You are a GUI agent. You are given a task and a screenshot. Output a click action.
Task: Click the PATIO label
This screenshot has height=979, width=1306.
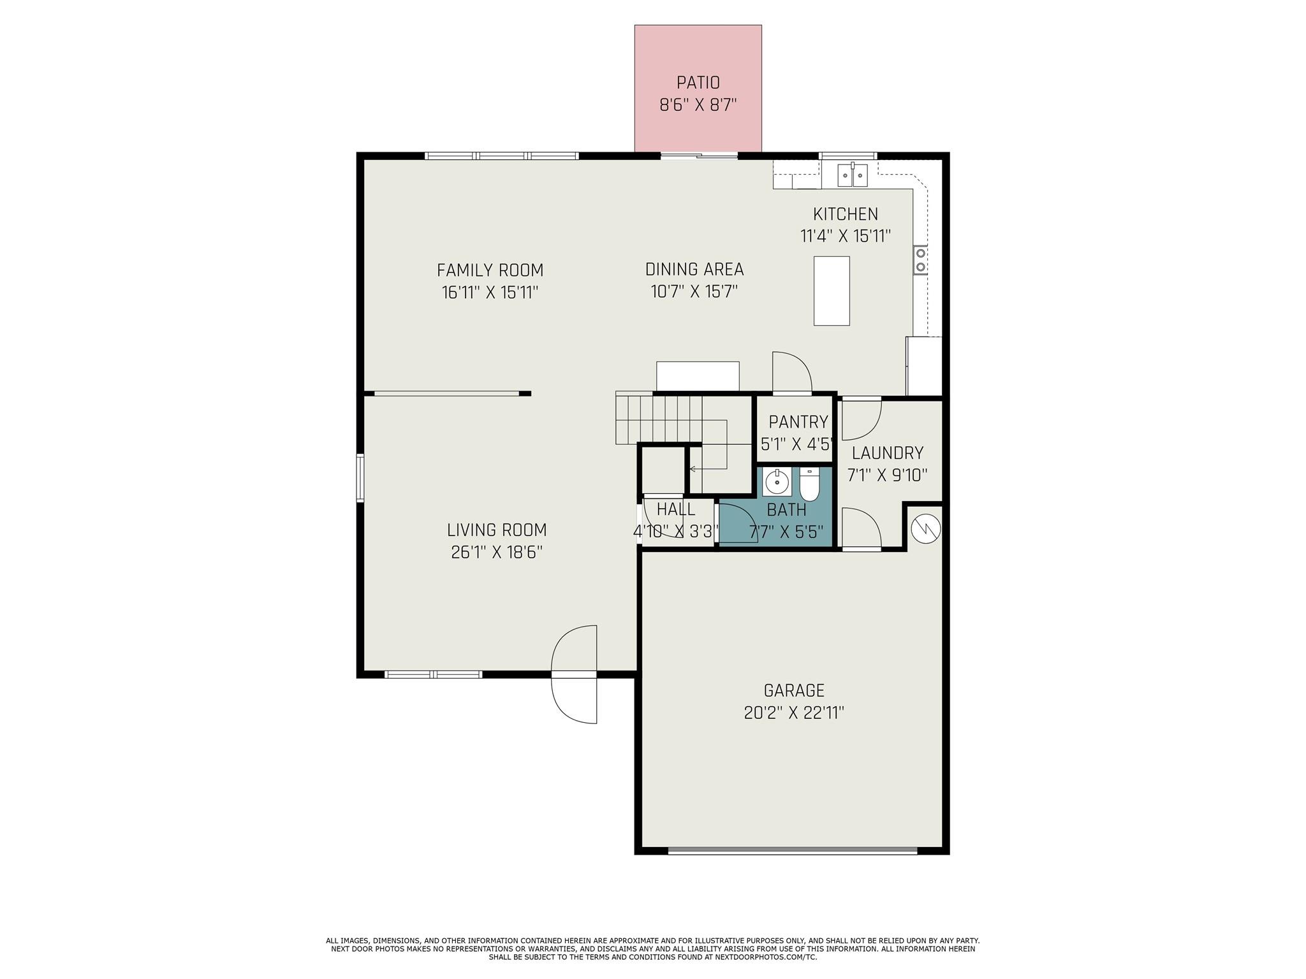698,83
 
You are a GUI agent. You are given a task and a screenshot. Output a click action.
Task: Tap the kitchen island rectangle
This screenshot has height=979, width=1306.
832,291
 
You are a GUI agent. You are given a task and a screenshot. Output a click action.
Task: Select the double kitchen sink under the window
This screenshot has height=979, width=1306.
853,174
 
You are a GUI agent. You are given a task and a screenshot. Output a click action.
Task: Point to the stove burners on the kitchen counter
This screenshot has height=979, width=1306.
920,259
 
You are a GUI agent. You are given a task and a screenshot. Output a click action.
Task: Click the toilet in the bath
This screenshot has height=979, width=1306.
809,486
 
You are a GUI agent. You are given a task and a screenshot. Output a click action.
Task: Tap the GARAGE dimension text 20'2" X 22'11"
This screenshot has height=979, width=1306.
794,713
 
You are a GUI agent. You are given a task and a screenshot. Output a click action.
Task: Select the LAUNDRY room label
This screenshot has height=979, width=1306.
887,453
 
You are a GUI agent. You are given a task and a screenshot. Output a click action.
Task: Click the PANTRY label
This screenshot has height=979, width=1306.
798,422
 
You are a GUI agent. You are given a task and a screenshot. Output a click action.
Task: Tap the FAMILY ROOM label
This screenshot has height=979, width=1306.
490,270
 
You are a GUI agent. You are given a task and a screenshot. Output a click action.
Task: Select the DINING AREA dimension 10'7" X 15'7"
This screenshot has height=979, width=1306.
694,292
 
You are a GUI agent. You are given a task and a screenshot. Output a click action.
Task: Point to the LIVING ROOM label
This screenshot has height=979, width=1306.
496,530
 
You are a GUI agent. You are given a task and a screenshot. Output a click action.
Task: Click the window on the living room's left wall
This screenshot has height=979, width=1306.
360,478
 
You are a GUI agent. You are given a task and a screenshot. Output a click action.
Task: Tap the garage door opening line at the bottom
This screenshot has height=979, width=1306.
792,850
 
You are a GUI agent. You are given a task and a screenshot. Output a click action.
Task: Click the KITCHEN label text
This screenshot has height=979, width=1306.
845,214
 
